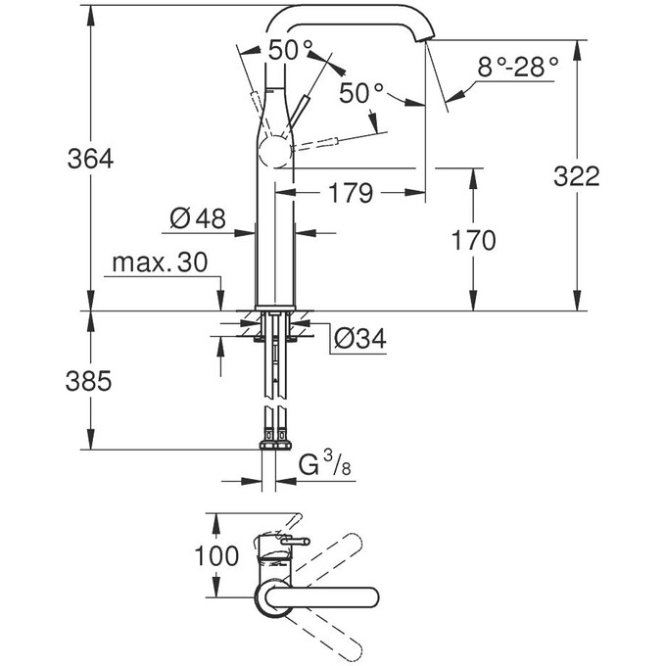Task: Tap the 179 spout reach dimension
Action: tap(350, 194)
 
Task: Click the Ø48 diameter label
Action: tap(196, 219)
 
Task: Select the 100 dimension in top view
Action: tap(216, 556)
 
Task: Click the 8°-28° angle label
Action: tap(517, 67)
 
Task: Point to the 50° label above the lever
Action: tap(292, 48)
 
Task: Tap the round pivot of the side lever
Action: tap(274, 153)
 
